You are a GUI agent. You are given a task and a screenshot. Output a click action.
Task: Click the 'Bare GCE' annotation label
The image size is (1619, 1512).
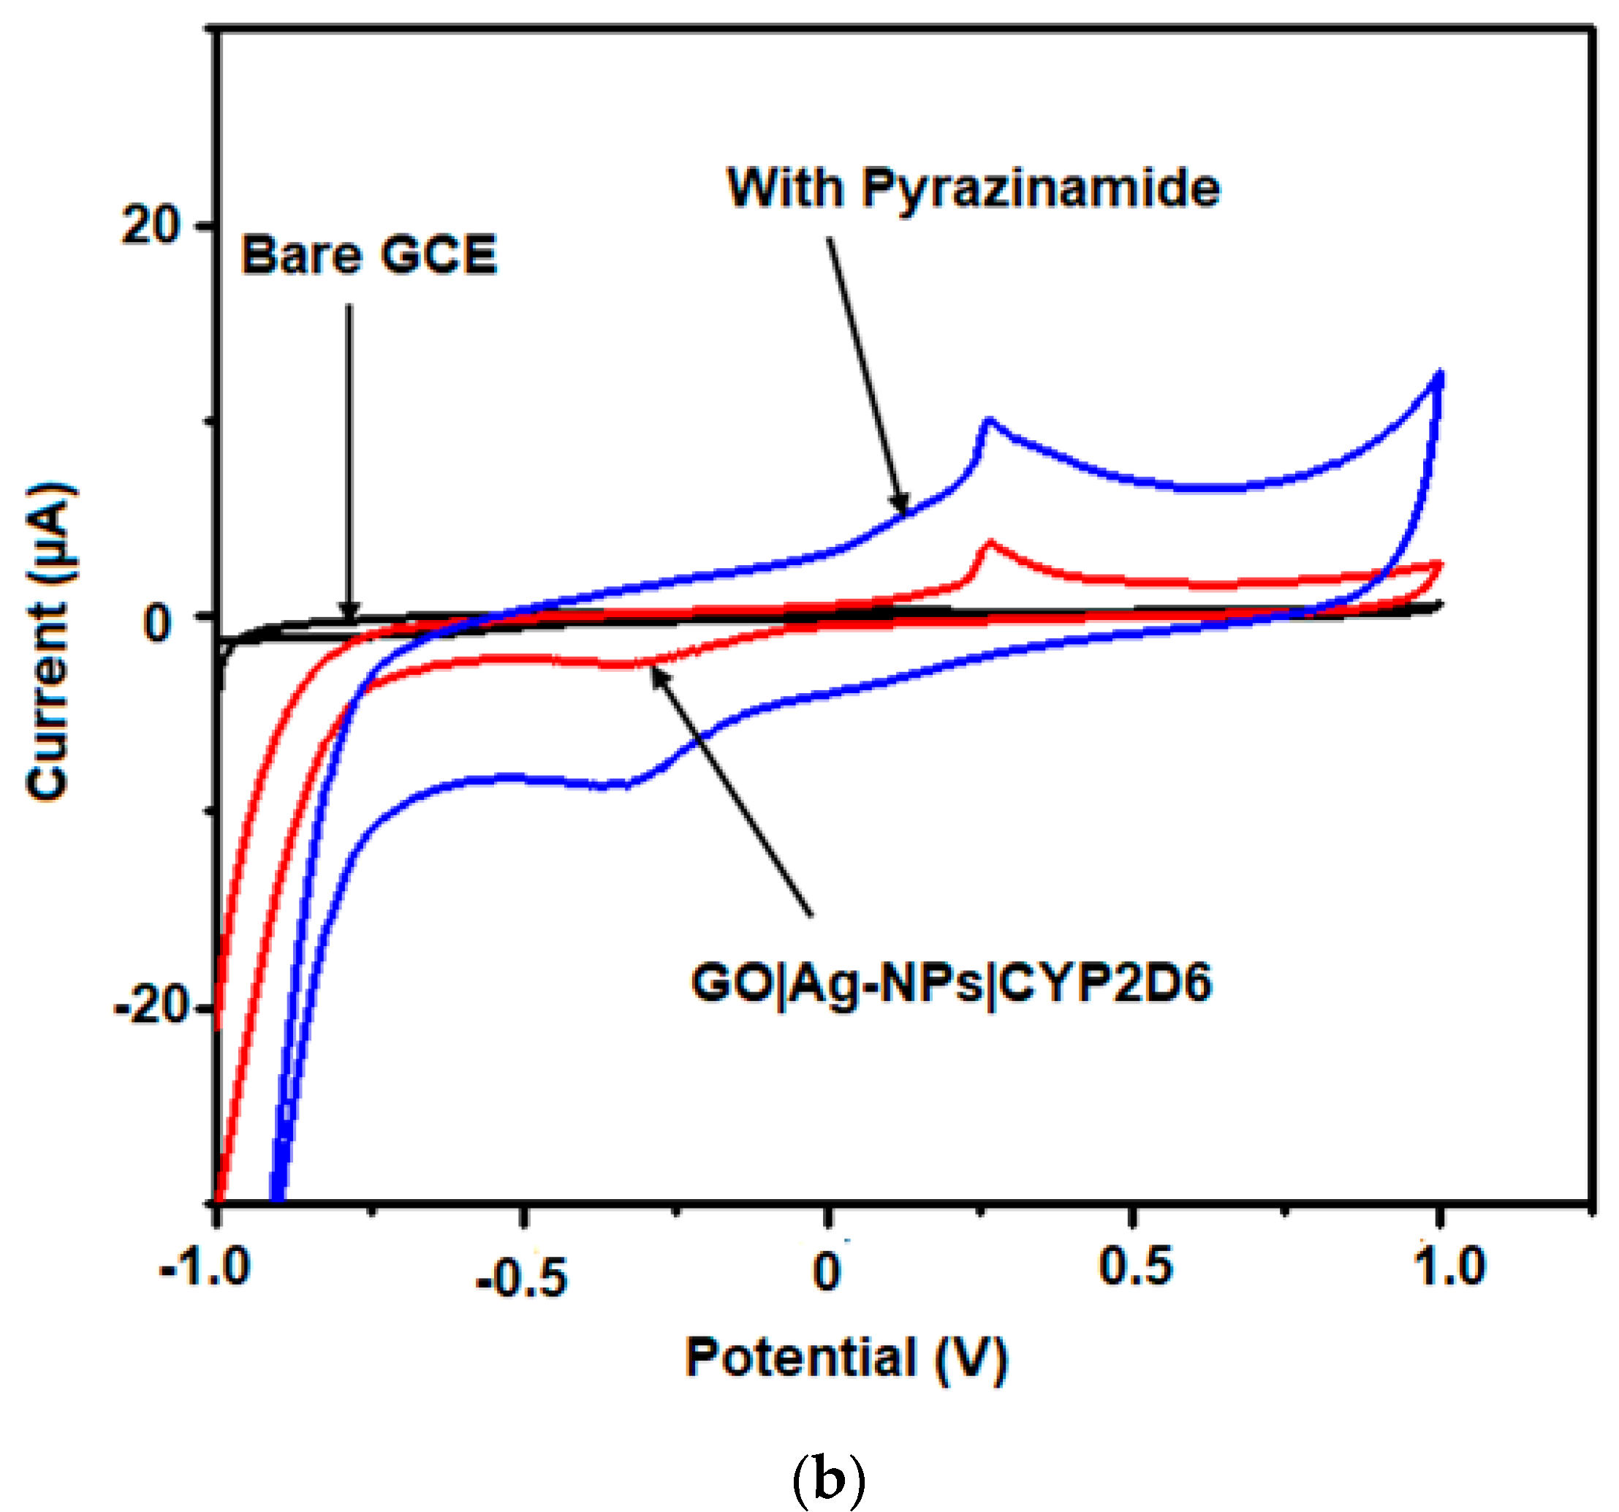click(368, 256)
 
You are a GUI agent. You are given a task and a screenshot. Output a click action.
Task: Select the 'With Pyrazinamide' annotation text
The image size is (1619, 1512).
click(972, 189)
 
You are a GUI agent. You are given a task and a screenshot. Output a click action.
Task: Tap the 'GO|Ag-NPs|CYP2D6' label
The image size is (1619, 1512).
click(950, 983)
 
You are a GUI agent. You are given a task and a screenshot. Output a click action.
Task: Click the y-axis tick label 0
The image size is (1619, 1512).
click(158, 623)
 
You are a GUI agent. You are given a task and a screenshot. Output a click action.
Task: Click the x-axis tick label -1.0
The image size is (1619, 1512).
click(205, 1268)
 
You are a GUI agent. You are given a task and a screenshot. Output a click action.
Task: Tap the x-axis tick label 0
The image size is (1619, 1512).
click(826, 1271)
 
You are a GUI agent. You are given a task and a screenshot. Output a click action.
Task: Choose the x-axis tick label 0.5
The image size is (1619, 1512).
click(1135, 1266)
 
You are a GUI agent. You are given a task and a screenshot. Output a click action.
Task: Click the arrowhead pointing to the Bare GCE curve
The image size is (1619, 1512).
click(349, 613)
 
